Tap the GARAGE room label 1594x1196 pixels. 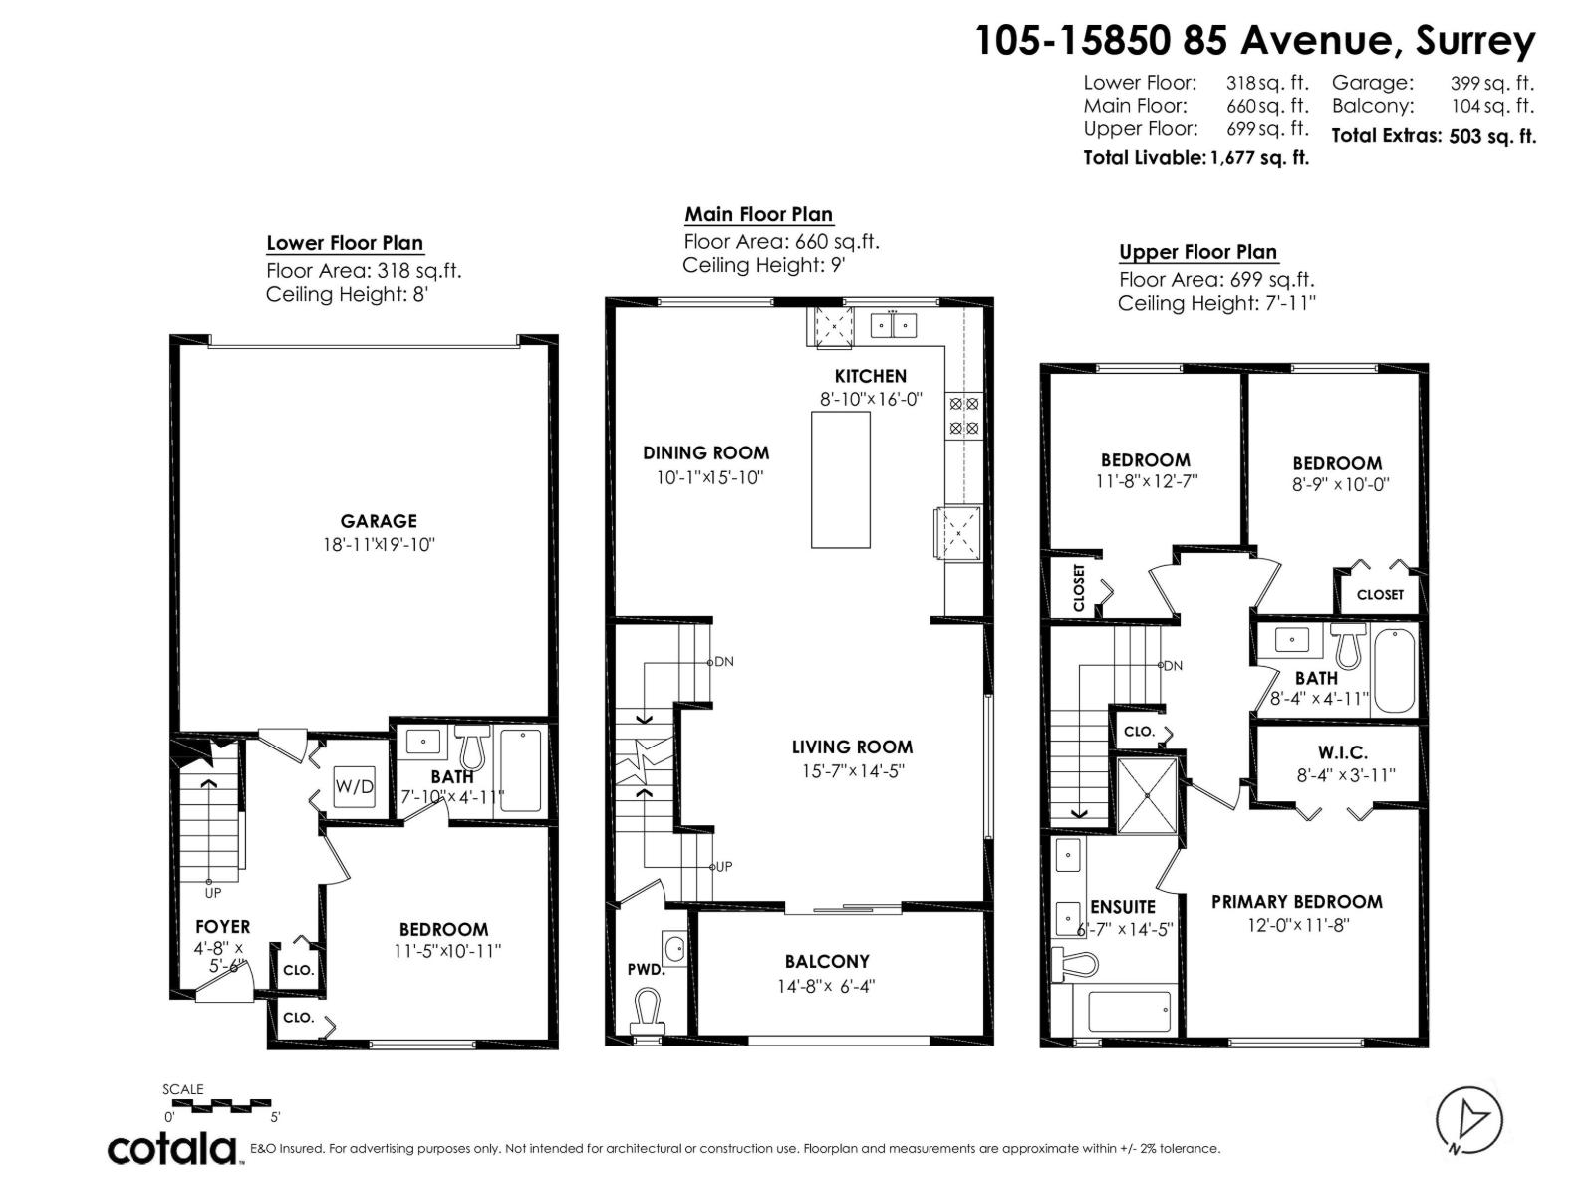pos(379,521)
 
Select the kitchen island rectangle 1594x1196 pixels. pos(840,479)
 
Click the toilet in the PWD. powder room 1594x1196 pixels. pos(649,1009)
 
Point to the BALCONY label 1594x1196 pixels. pos(827,962)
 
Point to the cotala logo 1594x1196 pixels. pos(171,1148)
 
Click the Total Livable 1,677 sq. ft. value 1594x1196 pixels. pos(1258,157)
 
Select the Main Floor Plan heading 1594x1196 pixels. pos(758,214)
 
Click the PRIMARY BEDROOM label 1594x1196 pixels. pos(1296,902)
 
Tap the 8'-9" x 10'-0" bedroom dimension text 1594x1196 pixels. pos(1338,485)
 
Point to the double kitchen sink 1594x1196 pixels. pos(894,324)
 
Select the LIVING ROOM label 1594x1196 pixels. pos(852,747)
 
